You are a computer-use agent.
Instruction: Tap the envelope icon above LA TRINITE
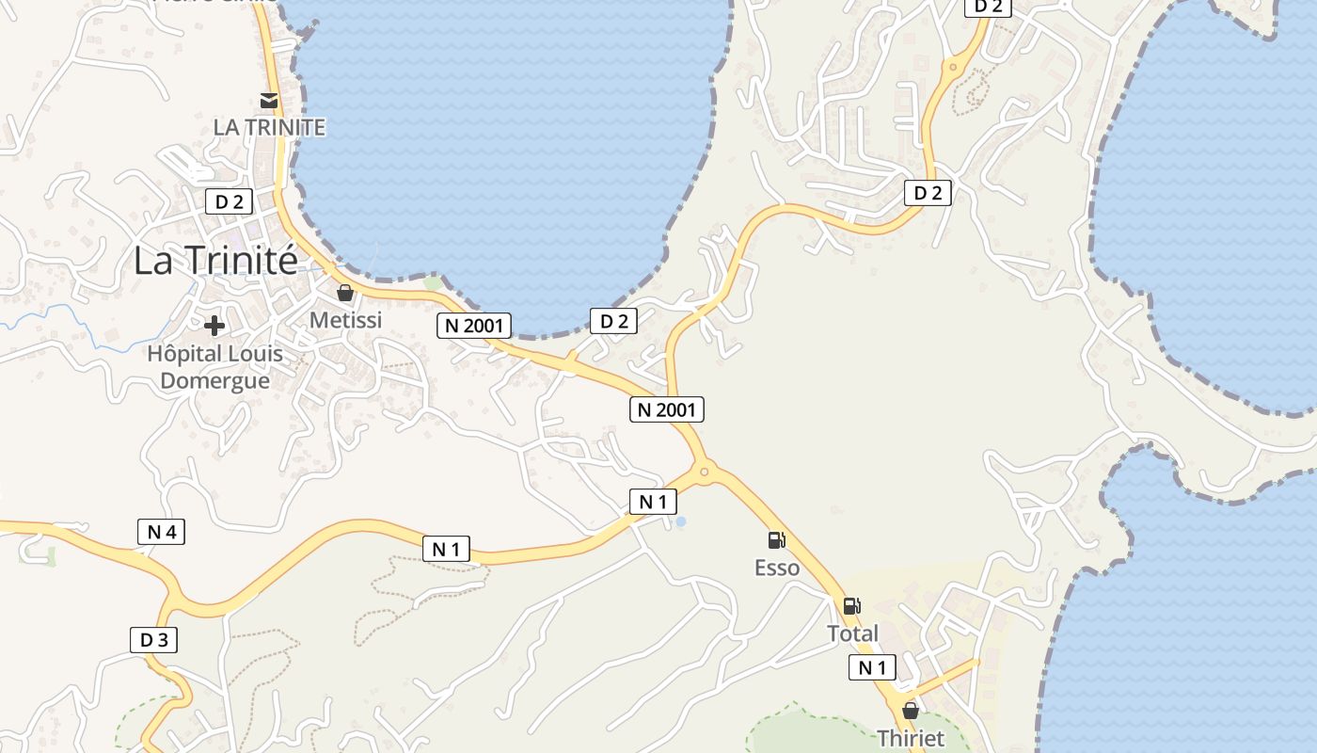point(269,100)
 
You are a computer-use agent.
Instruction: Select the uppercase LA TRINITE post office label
point(269,127)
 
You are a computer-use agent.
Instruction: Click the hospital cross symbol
point(214,326)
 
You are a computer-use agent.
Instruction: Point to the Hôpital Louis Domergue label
point(215,367)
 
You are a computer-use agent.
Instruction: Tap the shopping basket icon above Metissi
point(345,292)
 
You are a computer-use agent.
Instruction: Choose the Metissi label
point(346,320)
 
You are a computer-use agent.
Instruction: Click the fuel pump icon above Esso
point(777,539)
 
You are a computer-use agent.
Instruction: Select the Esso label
point(777,568)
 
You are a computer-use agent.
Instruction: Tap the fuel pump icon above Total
point(851,605)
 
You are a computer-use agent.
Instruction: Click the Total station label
point(852,633)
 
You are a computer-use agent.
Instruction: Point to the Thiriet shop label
point(910,738)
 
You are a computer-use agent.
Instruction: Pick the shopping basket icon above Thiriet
point(910,710)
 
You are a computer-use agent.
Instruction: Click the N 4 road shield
point(161,532)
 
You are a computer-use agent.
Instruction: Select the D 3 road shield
point(153,640)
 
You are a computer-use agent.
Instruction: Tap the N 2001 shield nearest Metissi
point(475,326)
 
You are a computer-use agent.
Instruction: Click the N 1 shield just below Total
point(872,667)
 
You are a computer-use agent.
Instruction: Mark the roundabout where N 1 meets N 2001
point(704,471)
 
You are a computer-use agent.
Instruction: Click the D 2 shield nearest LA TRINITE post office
point(230,200)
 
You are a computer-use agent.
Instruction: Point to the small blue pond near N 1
point(681,521)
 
